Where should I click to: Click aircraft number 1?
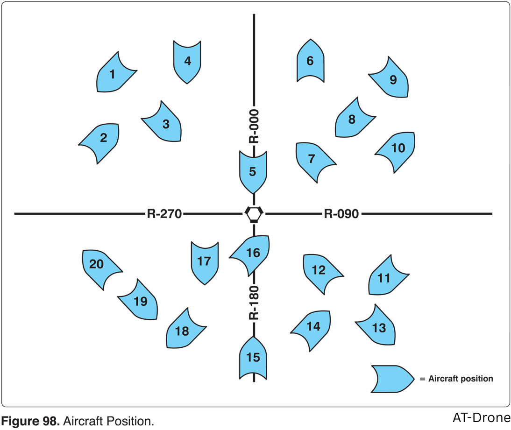click(114, 74)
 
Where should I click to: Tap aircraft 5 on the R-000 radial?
click(253, 171)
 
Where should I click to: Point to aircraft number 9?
click(392, 79)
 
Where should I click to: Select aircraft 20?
click(98, 265)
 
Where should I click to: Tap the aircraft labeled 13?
click(379, 327)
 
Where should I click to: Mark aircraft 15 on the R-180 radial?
click(253, 358)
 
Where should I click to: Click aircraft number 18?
click(183, 331)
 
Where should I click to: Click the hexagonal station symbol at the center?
click(254, 214)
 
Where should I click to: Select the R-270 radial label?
click(164, 214)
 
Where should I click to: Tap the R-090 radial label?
click(341, 214)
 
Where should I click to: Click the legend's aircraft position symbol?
click(391, 378)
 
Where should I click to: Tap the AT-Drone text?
click(481, 417)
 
